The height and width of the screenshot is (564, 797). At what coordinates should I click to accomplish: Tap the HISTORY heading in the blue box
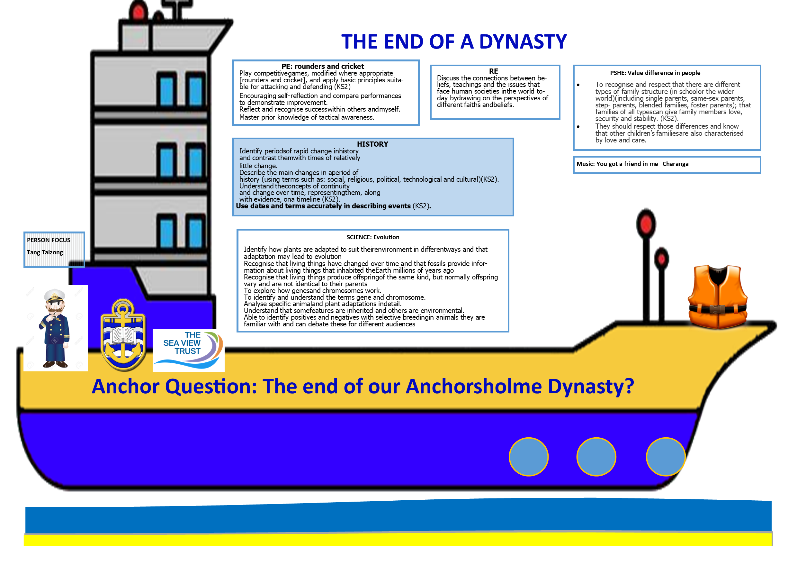(372, 144)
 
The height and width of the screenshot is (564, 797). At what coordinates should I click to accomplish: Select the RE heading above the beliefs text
(493, 71)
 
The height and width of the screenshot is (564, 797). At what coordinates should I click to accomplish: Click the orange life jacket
(718, 296)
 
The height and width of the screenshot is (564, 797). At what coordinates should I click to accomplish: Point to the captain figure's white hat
(55, 295)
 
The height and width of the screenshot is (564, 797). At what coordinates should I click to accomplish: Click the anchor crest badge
(123, 335)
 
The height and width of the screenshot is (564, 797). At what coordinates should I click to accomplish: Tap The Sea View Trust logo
(189, 350)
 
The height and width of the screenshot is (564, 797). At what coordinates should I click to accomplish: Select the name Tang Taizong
(45, 252)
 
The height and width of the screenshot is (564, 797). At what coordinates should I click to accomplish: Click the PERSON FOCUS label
(49, 240)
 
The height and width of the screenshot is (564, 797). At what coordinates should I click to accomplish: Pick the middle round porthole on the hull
(596, 457)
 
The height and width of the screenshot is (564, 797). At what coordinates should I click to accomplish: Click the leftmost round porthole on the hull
(528, 457)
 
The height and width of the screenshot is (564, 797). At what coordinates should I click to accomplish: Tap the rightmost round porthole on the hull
(666, 457)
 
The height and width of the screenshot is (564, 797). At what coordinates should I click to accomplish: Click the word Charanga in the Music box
(675, 164)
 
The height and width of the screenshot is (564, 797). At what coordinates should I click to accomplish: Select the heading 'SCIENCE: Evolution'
(373, 237)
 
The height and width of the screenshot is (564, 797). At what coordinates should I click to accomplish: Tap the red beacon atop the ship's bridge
(138, 12)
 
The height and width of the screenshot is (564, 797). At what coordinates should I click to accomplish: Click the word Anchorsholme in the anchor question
(474, 386)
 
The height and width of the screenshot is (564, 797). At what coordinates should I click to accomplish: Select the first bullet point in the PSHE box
(578, 85)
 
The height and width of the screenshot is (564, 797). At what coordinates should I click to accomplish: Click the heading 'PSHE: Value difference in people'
(655, 73)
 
